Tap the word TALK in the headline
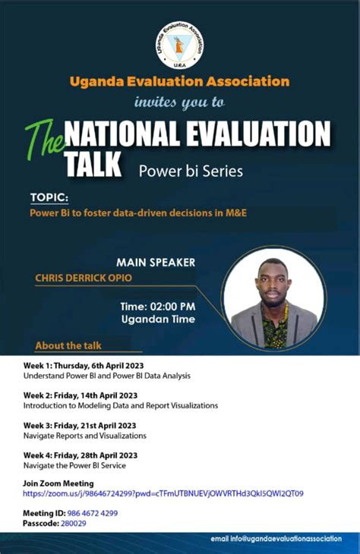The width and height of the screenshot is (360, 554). [x=94, y=165]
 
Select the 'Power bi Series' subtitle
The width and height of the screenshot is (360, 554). [x=191, y=171]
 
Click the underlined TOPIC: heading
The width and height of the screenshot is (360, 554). [x=49, y=198]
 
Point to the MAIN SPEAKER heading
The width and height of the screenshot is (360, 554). [x=156, y=263]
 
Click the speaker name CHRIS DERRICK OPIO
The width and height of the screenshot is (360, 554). [x=84, y=278]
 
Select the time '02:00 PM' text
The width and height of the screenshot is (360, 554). [x=171, y=306]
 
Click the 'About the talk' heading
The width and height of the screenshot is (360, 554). [x=68, y=346]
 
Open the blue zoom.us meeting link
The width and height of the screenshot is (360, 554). [x=163, y=493]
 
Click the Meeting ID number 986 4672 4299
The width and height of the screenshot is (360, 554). [x=91, y=513]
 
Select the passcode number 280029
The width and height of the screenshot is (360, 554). [x=73, y=523]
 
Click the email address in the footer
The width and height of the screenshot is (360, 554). [x=276, y=539]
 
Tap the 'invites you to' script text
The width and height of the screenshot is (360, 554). [x=179, y=102]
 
